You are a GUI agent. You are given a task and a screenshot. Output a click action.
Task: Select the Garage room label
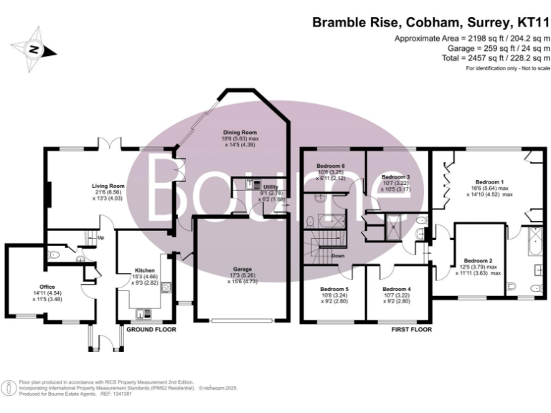(x=241, y=269)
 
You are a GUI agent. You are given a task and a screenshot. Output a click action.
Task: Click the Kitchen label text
(x=144, y=271)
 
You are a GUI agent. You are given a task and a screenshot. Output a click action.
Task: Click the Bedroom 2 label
(x=478, y=260)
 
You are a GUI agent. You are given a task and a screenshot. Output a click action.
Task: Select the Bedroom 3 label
(x=395, y=177)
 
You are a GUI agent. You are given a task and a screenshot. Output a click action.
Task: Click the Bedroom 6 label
(x=331, y=166)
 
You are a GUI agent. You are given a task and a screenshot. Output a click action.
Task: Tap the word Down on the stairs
(x=338, y=256)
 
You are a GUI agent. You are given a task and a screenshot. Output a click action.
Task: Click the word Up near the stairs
(x=100, y=237)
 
